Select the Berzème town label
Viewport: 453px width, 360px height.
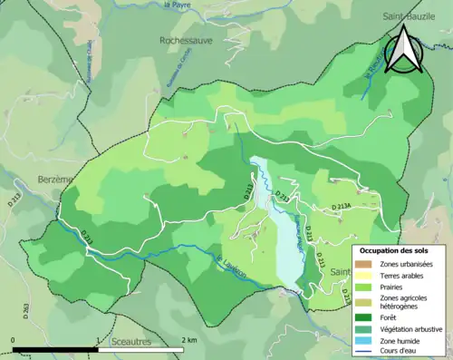53,180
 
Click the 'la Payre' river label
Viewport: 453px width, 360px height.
179,5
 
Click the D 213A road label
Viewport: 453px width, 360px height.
344,208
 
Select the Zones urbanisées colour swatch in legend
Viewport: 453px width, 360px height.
366,263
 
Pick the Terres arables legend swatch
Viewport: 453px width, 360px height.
366,275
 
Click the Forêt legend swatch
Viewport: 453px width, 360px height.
366,317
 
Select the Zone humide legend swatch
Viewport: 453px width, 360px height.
366,341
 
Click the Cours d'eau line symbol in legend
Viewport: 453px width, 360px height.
366,353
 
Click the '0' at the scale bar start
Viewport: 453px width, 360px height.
14,340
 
